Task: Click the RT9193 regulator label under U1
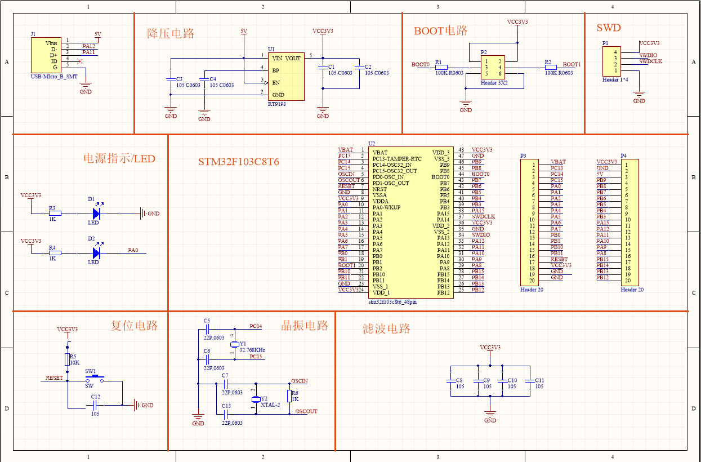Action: (276, 104)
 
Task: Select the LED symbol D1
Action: (96, 214)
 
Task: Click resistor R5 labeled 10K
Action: (68, 359)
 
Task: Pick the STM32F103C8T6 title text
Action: (238, 162)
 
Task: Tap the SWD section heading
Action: (608, 28)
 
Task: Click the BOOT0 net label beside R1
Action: (420, 65)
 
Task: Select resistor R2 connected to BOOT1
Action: (551, 67)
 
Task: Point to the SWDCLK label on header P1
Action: (651, 61)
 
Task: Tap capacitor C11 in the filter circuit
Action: (530, 381)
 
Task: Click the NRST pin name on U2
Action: (379, 189)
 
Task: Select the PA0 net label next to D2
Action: (133, 250)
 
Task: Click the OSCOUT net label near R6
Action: (306, 411)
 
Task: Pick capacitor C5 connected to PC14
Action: (207, 327)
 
